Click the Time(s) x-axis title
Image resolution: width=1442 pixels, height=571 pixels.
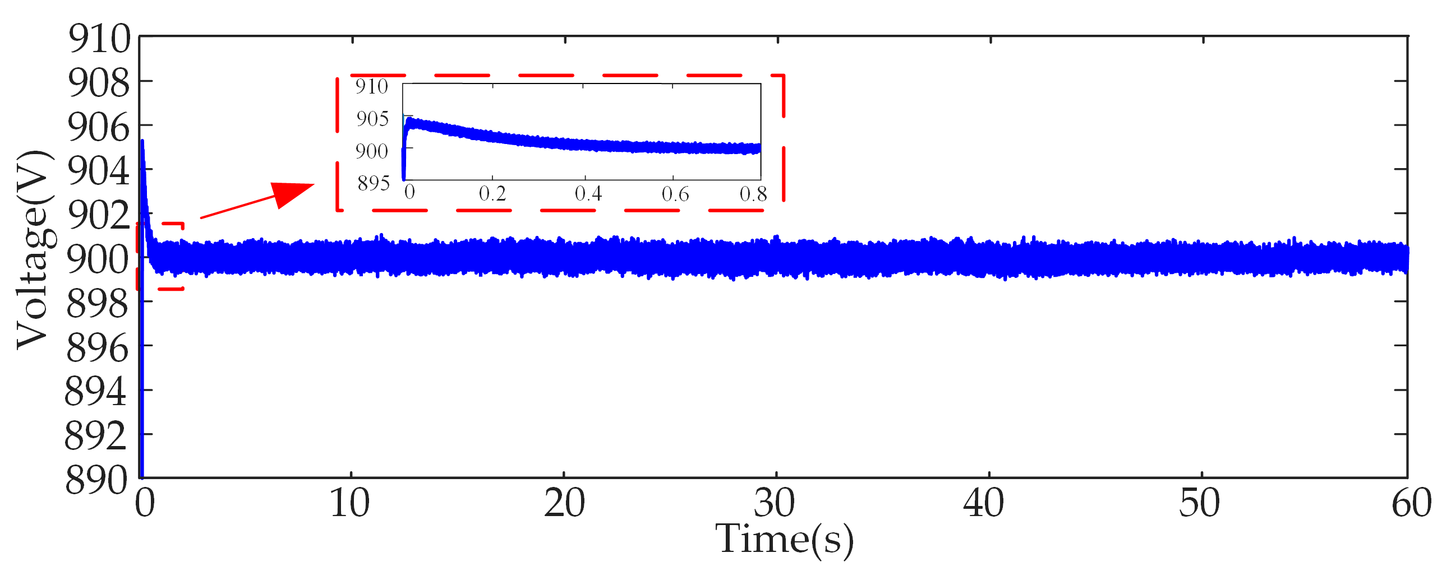click(784, 539)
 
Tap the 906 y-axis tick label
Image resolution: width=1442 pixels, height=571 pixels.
click(99, 127)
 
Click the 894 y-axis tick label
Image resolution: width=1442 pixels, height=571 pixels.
click(96, 392)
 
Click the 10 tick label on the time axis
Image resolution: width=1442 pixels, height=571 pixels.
click(349, 503)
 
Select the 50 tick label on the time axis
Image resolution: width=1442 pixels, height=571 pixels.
click(1199, 503)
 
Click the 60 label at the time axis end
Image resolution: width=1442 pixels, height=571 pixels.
click(1411, 503)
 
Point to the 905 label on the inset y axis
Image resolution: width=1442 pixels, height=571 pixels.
click(372, 119)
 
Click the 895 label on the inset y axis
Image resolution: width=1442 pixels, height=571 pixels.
click(374, 183)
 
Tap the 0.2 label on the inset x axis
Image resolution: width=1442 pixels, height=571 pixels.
click(492, 194)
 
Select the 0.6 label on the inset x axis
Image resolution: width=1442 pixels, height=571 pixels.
click(675, 194)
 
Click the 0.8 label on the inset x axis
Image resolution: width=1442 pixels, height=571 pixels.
click(753, 194)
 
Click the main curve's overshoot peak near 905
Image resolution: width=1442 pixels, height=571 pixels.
click(142, 143)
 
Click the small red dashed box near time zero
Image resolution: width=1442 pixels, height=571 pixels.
click(160, 256)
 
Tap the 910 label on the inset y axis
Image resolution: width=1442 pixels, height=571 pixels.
click(371, 87)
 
